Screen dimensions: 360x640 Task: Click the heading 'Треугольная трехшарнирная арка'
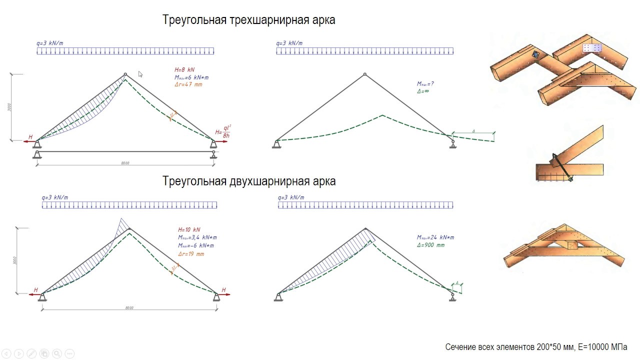(248, 20)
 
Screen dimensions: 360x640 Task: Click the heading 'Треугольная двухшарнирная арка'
(248, 181)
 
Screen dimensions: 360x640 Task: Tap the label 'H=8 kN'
(184, 70)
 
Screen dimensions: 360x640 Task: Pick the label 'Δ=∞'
(424, 91)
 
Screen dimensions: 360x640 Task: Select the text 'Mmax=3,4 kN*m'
(197, 237)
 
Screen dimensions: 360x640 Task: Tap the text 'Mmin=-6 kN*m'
(196, 245)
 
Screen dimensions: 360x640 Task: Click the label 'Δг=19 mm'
(191, 254)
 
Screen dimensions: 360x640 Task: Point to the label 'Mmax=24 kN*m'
(435, 237)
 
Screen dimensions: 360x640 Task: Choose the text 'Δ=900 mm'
(430, 245)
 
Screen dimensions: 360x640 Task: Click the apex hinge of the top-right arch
(365, 74)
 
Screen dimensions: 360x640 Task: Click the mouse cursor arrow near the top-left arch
(140, 74)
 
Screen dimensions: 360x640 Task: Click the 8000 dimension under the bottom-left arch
(129, 308)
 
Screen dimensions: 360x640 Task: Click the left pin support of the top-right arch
(276, 144)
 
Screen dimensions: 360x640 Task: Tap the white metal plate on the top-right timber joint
(592, 48)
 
